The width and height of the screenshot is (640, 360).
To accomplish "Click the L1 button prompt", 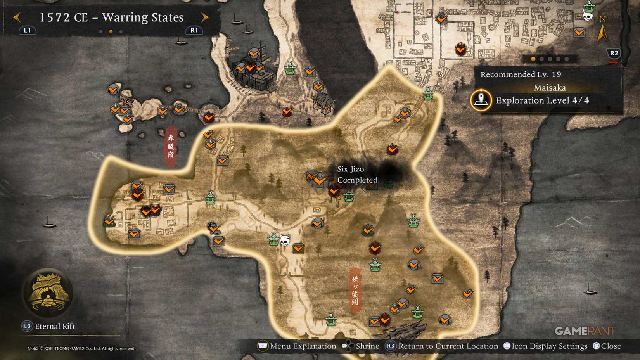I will pyautogui.click(x=27, y=30).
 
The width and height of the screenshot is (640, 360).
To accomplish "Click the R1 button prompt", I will pyautogui.click(x=194, y=30).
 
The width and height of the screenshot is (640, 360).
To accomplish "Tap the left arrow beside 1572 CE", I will pyautogui.click(x=17, y=17).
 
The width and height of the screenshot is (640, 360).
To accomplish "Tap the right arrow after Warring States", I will pyautogui.click(x=205, y=17).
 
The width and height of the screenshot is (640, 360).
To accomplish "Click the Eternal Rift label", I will pyautogui.click(x=55, y=326).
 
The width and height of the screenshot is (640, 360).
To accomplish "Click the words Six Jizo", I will pyautogui.click(x=350, y=169).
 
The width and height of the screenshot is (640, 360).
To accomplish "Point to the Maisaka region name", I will pyautogui.click(x=550, y=88).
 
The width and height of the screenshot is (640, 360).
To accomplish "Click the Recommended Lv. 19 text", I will pyautogui.click(x=521, y=74).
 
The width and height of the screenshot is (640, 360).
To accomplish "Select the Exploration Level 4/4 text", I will pyautogui.click(x=542, y=100).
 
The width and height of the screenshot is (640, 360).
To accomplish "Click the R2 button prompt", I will pyautogui.click(x=614, y=53).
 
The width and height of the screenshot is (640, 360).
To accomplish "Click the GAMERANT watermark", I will pyautogui.click(x=585, y=331).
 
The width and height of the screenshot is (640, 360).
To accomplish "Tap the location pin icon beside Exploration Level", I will pyautogui.click(x=481, y=100).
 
